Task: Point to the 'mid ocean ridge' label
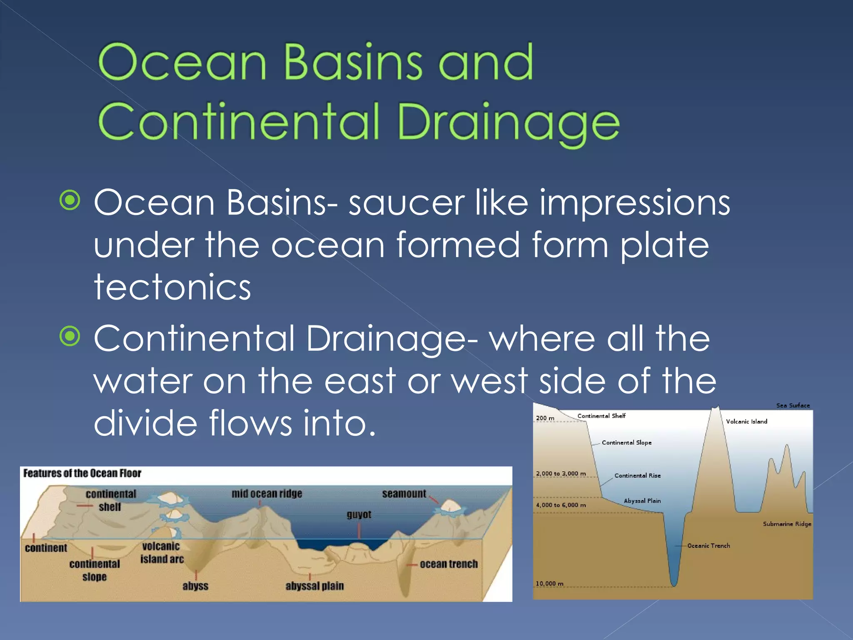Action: click(x=267, y=494)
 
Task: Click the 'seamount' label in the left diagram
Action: click(x=404, y=494)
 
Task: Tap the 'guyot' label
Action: click(x=359, y=515)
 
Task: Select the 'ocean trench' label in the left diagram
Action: click(x=449, y=564)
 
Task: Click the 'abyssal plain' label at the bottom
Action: click(x=314, y=586)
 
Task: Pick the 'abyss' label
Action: click(x=195, y=586)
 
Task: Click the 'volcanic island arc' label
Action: click(x=162, y=552)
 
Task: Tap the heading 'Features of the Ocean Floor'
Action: click(x=82, y=473)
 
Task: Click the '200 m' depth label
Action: click(x=545, y=418)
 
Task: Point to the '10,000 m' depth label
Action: click(x=549, y=584)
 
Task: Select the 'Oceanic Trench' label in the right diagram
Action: click(x=708, y=546)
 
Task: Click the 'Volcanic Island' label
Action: click(x=746, y=422)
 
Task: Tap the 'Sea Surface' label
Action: click(x=793, y=405)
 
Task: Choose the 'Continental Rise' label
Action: click(x=637, y=475)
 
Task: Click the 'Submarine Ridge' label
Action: click(x=787, y=524)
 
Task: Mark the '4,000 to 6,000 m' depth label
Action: click(x=561, y=505)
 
